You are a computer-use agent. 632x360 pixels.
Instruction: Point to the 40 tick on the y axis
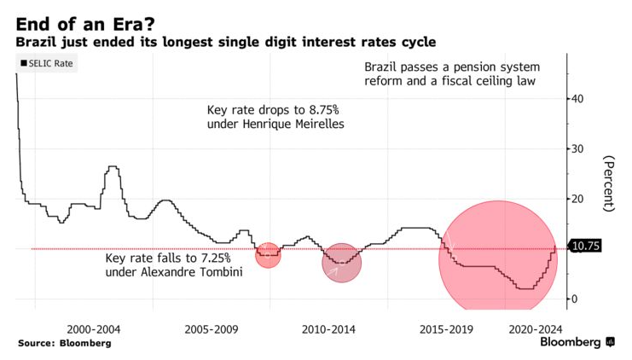(x=577, y=99)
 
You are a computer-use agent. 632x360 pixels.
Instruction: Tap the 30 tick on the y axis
(x=577, y=148)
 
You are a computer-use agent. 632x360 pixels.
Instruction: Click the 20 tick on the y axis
(x=577, y=199)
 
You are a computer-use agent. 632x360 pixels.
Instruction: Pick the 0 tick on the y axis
(x=575, y=299)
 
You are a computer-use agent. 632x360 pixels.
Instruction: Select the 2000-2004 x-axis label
(x=94, y=328)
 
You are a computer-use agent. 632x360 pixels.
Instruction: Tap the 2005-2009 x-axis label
(x=211, y=328)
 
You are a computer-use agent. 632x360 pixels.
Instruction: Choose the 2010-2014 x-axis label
(x=328, y=328)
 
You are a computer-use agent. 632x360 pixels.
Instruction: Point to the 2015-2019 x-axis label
(x=445, y=328)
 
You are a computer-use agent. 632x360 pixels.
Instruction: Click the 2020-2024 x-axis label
(x=536, y=328)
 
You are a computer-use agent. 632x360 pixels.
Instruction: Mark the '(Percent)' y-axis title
(x=608, y=183)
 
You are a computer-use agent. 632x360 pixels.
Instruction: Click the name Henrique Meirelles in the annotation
(x=295, y=125)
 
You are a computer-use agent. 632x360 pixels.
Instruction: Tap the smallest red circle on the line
(x=268, y=254)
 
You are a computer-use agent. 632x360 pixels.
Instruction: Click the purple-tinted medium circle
(x=342, y=262)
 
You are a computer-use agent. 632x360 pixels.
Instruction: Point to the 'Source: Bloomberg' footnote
(x=64, y=343)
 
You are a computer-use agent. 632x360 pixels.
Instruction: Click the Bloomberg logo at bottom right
(x=577, y=342)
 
